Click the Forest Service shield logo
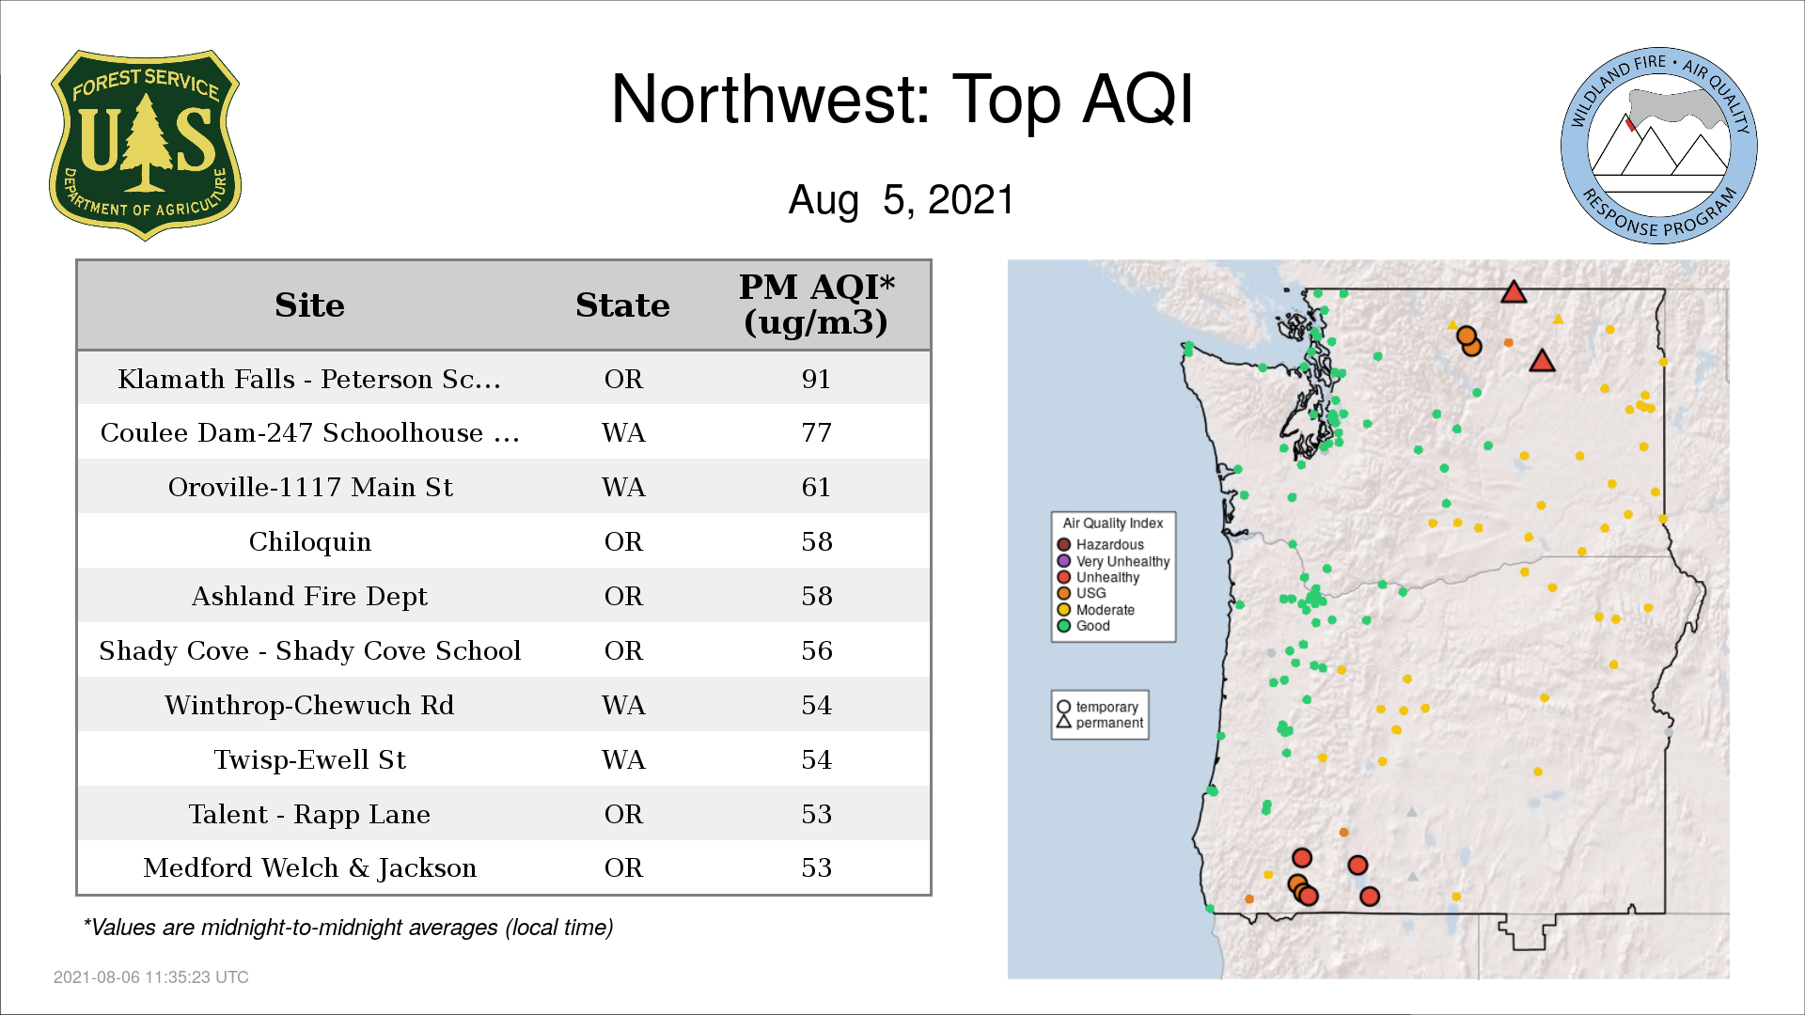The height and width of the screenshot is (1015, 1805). tap(145, 146)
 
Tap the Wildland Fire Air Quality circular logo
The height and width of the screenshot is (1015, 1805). tap(1659, 146)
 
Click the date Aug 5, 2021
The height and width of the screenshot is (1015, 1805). tap(902, 200)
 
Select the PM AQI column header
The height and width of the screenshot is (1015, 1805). tap(816, 304)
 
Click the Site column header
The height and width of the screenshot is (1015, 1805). tap(309, 305)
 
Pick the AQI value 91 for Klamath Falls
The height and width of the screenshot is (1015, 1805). tap(816, 379)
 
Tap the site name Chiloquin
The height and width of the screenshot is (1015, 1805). tap(309, 542)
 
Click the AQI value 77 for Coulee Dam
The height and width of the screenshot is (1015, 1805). tap(816, 433)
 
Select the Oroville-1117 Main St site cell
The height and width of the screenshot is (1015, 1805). tap(309, 487)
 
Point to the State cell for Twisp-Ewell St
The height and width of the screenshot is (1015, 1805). tap(623, 759)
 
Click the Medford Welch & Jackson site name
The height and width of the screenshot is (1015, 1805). tap(309, 868)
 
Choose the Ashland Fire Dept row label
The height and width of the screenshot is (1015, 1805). tap(309, 597)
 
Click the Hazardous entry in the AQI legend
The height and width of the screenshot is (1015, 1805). tap(1101, 545)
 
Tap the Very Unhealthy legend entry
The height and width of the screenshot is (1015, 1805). tap(1114, 561)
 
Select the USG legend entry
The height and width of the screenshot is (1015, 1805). tap(1082, 593)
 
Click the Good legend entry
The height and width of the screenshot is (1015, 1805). tap(1084, 626)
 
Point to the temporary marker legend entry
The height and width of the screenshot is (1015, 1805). tap(1098, 707)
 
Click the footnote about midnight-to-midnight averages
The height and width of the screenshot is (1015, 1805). tap(348, 928)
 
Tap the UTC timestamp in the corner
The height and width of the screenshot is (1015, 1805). tap(151, 977)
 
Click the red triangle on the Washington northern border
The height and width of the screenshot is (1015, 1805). tap(1514, 292)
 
